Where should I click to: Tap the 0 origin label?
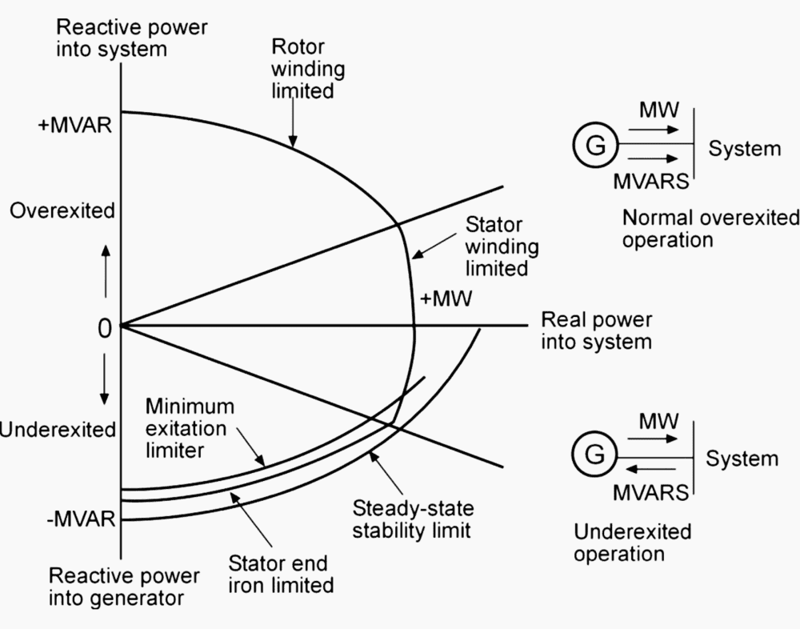pos(104,327)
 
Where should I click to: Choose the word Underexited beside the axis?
pos(58,430)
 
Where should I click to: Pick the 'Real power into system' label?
pos(596,331)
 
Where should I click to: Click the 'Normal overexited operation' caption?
pos(710,228)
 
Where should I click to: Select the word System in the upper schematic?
pos(744,148)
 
